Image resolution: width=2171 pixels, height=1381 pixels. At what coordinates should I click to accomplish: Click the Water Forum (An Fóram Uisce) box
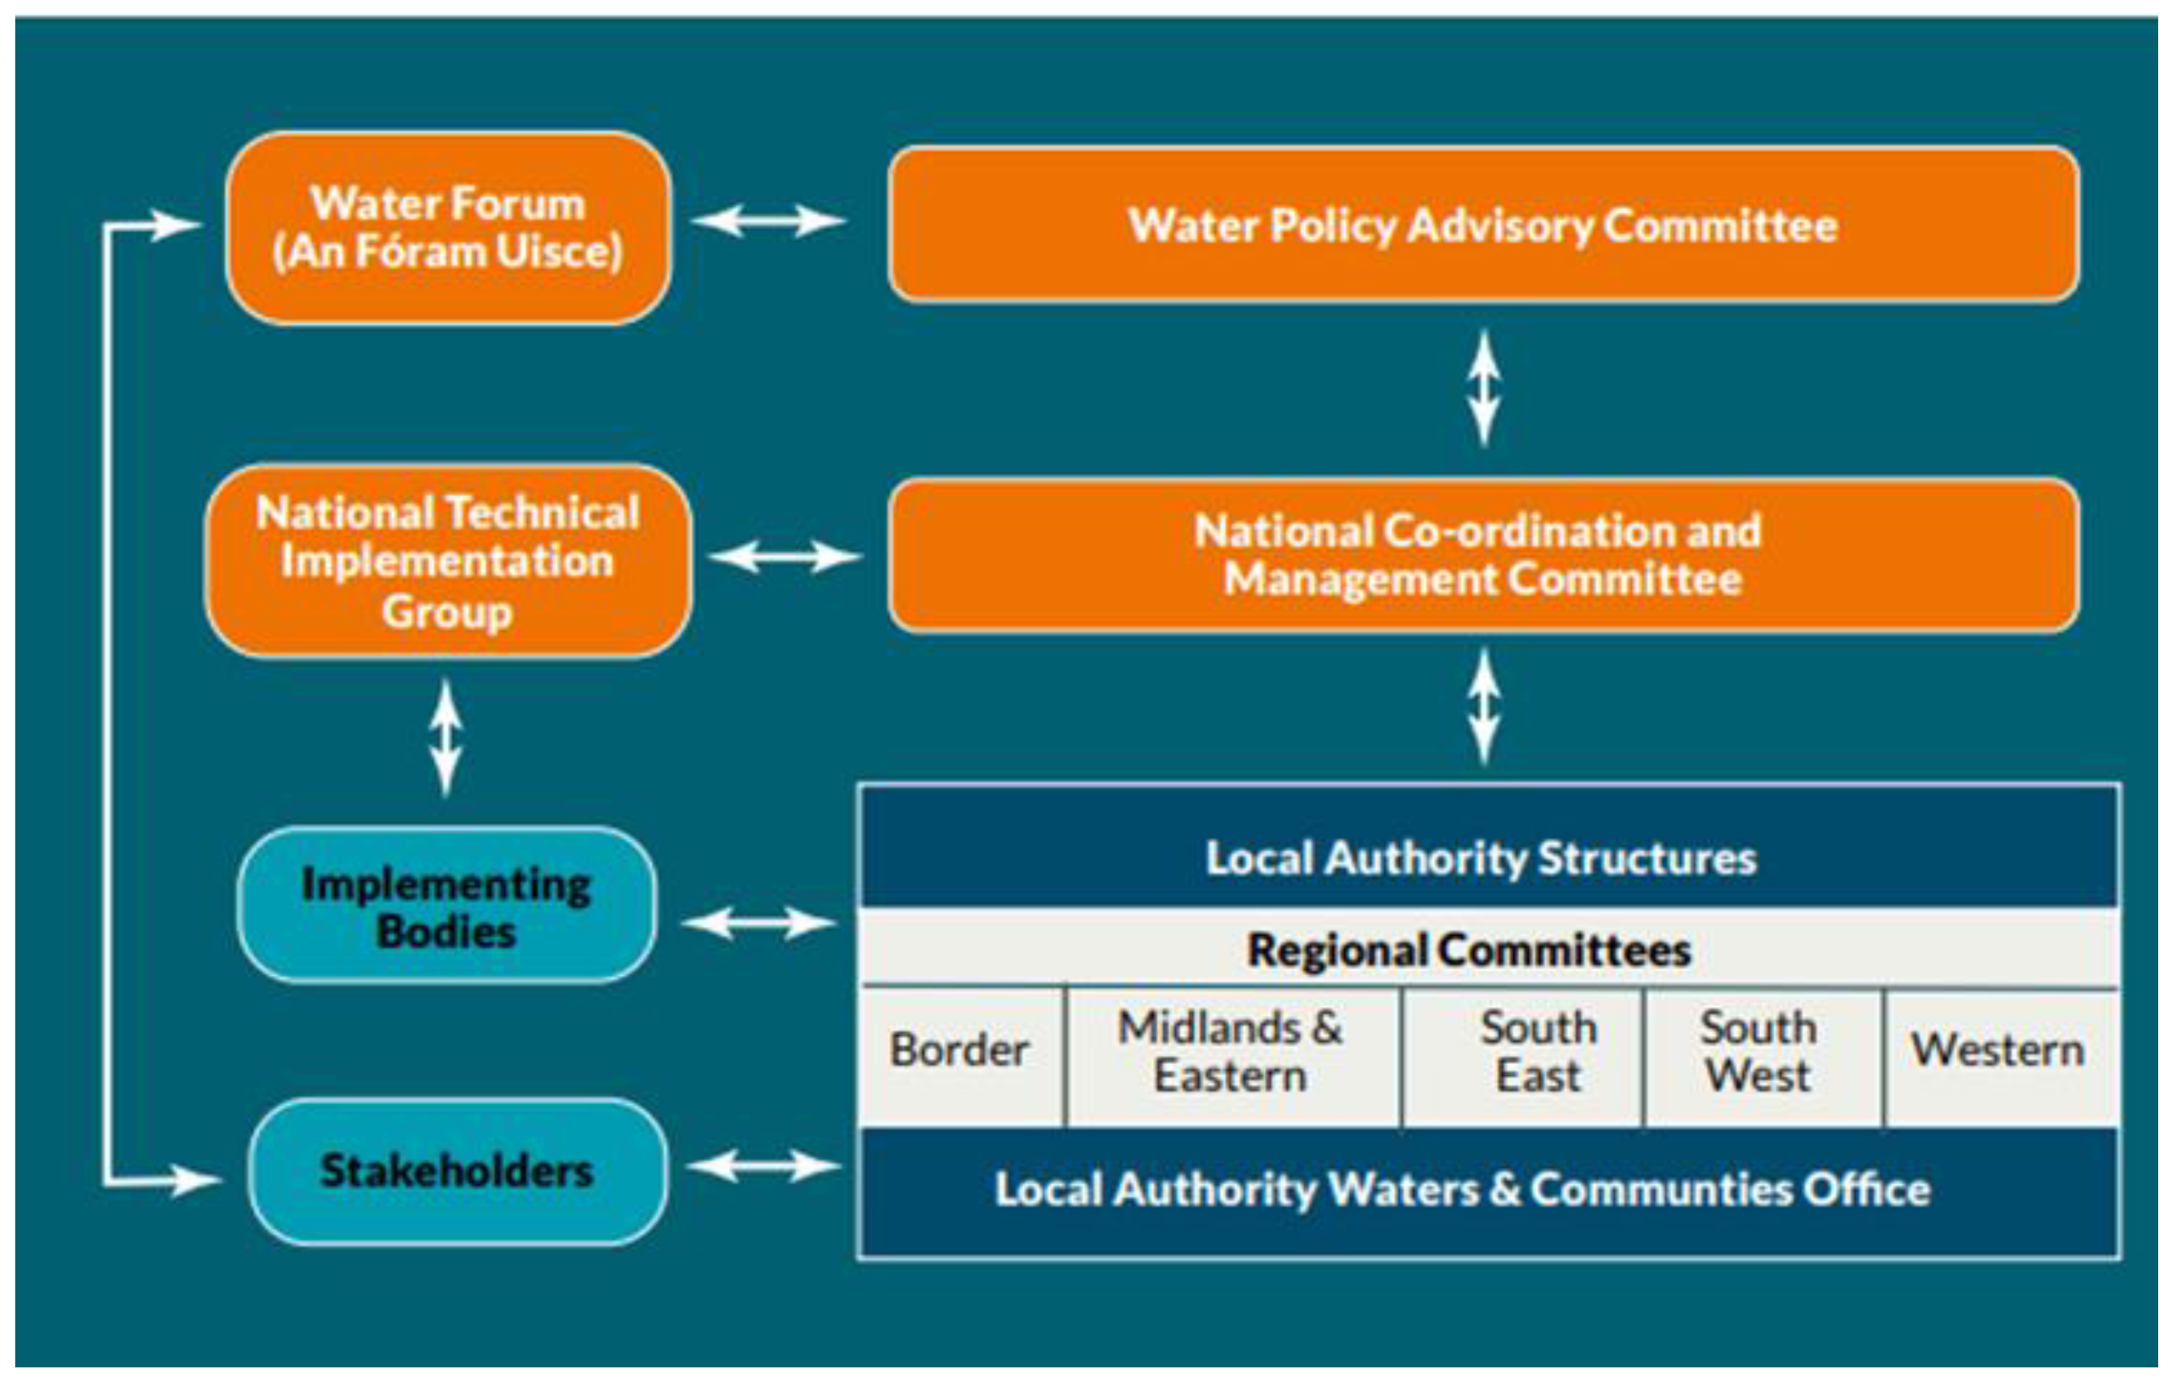tap(448, 227)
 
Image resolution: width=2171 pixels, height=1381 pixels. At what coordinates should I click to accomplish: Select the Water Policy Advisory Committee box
tap(1483, 225)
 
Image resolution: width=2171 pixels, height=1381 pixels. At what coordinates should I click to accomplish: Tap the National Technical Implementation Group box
tap(448, 561)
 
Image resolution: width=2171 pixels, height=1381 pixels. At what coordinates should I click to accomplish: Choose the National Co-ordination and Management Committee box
tap(1483, 555)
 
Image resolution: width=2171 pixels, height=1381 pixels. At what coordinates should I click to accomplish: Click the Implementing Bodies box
tap(446, 905)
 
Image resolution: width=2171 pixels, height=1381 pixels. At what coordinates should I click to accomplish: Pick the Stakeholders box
tap(457, 1171)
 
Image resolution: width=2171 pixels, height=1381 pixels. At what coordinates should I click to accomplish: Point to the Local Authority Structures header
tap(1483, 857)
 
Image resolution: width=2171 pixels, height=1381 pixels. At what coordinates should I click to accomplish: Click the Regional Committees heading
tap(1470, 949)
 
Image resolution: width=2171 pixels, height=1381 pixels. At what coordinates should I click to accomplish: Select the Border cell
tap(959, 1050)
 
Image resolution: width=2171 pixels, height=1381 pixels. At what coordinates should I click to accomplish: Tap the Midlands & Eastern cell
tap(1230, 1051)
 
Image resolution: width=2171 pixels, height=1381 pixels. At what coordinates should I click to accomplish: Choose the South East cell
tap(1538, 1051)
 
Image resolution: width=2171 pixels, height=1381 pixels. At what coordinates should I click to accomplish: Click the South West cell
tap(1759, 1051)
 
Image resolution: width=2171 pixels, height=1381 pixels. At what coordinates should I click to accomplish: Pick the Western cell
tap(1997, 1050)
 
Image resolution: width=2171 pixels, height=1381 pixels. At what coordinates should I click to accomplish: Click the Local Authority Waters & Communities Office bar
tap(1462, 1190)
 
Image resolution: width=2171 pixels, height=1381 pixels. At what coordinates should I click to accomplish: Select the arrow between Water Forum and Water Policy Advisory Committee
tap(768, 221)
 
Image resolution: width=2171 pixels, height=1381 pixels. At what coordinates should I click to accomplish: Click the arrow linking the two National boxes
tap(785, 557)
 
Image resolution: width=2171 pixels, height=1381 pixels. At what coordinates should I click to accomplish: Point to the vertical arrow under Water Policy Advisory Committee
tap(1484, 388)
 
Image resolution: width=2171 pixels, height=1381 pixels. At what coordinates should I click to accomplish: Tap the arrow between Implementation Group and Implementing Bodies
tap(445, 737)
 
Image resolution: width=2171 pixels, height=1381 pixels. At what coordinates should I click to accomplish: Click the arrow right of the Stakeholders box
tap(763, 1167)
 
